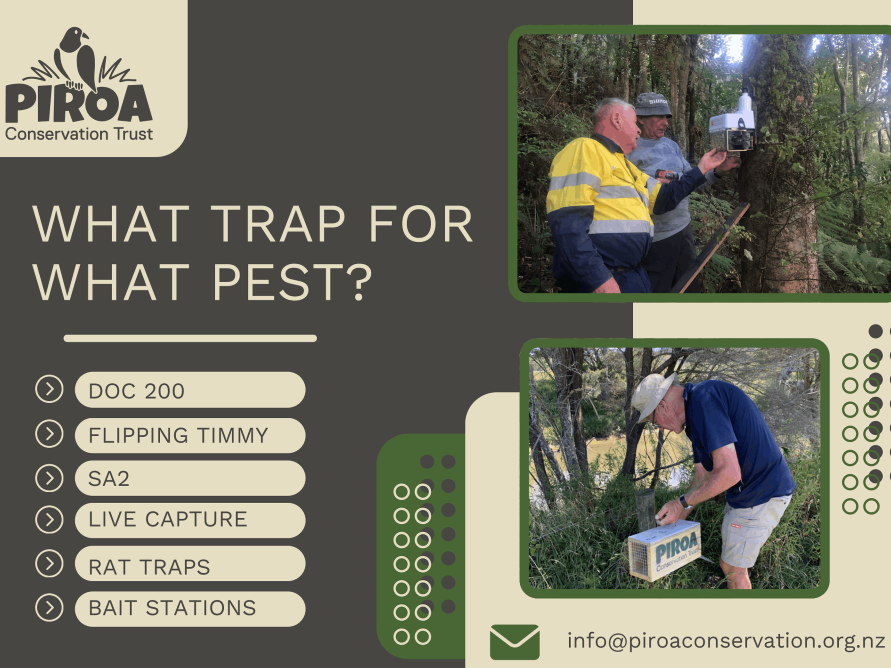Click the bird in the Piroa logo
(x=78, y=59)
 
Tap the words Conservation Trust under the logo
(x=79, y=134)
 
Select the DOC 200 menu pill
(x=190, y=390)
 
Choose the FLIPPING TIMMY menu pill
(x=190, y=435)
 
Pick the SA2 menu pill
(x=190, y=478)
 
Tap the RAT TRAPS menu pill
(x=190, y=564)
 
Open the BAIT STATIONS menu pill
(x=190, y=609)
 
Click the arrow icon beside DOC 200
(x=49, y=389)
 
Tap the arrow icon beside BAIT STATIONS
(x=49, y=608)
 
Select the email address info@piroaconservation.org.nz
(x=726, y=641)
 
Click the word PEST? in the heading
(x=293, y=282)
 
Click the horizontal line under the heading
(x=190, y=338)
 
